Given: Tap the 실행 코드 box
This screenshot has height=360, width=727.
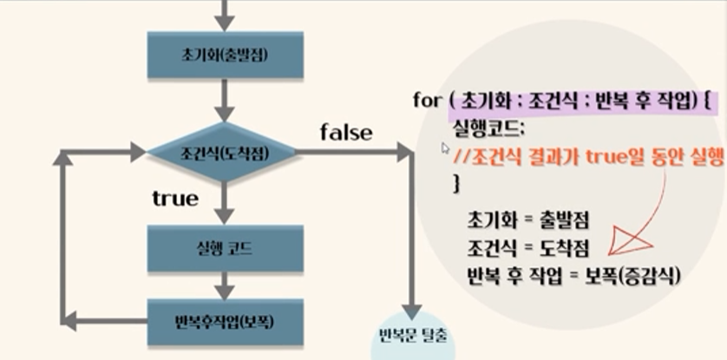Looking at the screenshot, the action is coord(225,249).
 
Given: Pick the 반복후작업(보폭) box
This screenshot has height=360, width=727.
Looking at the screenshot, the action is coord(225,319).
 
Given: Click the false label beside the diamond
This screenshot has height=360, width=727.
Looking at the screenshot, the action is coord(345,133).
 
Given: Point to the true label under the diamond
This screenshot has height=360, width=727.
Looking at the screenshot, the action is coord(175,199).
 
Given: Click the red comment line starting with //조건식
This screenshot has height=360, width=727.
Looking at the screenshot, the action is coord(586,157).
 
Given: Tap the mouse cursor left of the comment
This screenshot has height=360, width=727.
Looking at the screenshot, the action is coord(444,148).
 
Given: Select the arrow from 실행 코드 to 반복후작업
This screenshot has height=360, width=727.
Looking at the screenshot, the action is coord(225,285).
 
